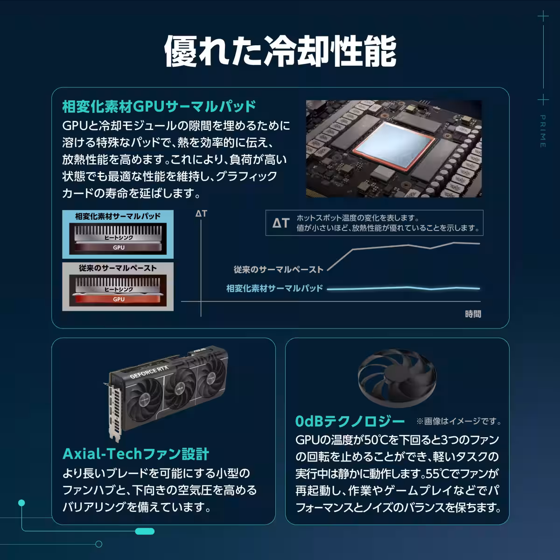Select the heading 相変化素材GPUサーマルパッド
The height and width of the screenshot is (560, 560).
(x=159, y=106)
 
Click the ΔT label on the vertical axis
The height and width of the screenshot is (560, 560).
(x=201, y=214)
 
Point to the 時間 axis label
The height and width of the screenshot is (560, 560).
(x=473, y=314)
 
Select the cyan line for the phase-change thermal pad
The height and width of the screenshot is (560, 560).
(x=404, y=288)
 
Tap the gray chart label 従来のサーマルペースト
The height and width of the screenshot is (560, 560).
(x=278, y=270)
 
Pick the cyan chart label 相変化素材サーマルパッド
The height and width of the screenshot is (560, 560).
(x=274, y=288)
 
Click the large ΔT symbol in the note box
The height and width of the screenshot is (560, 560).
(x=281, y=223)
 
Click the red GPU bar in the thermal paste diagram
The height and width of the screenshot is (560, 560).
(x=119, y=299)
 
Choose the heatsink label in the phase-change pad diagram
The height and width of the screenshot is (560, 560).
(x=119, y=238)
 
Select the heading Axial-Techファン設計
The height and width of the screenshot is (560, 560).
(x=136, y=454)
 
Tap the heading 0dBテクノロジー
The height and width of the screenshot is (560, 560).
(x=350, y=421)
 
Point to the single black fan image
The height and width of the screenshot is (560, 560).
(x=397, y=379)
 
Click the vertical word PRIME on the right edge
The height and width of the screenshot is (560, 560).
(x=543, y=131)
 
